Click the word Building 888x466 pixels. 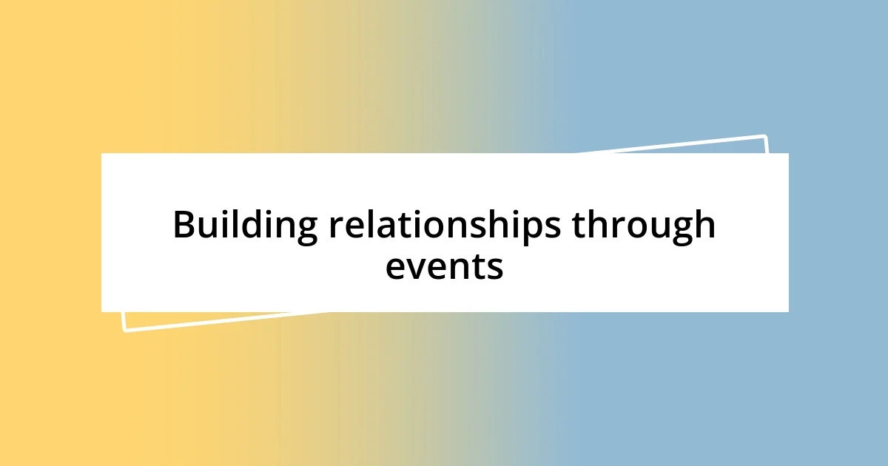pyautogui.click(x=245, y=226)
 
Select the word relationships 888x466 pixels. pyautogui.click(x=444, y=226)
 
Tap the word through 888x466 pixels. pyautogui.click(x=643, y=226)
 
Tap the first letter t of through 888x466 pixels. pyautogui.click(x=578, y=226)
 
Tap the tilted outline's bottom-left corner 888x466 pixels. pyautogui.click(x=124, y=330)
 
